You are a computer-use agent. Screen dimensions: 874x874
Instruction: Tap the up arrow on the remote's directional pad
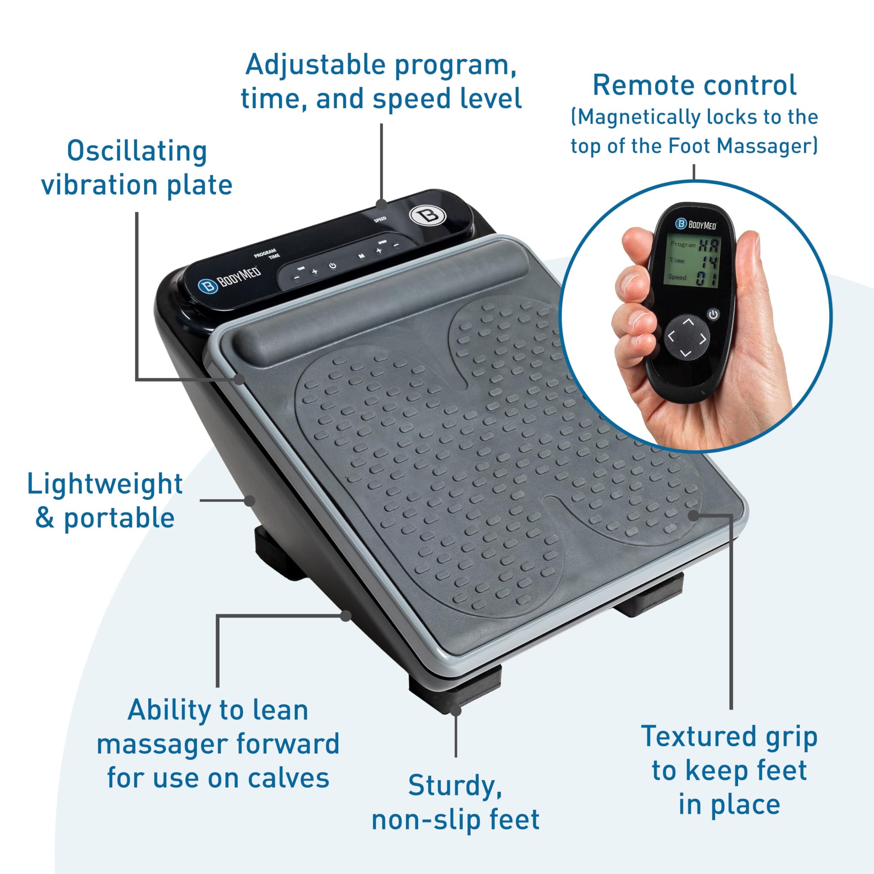click(688, 322)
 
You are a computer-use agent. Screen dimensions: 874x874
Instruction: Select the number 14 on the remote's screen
click(708, 261)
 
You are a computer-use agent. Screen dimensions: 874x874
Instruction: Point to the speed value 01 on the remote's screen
click(706, 278)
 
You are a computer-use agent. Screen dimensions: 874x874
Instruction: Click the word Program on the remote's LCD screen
click(683, 244)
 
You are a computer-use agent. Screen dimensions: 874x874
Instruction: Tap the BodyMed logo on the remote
click(696, 224)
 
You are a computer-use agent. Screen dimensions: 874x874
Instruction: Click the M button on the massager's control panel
click(362, 256)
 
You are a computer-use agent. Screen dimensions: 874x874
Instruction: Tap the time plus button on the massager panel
click(315, 271)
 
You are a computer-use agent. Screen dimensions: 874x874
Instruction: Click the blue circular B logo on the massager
click(207, 287)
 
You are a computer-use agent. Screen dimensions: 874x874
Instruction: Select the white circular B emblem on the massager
click(428, 215)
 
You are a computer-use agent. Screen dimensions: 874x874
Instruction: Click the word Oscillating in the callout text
click(137, 151)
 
